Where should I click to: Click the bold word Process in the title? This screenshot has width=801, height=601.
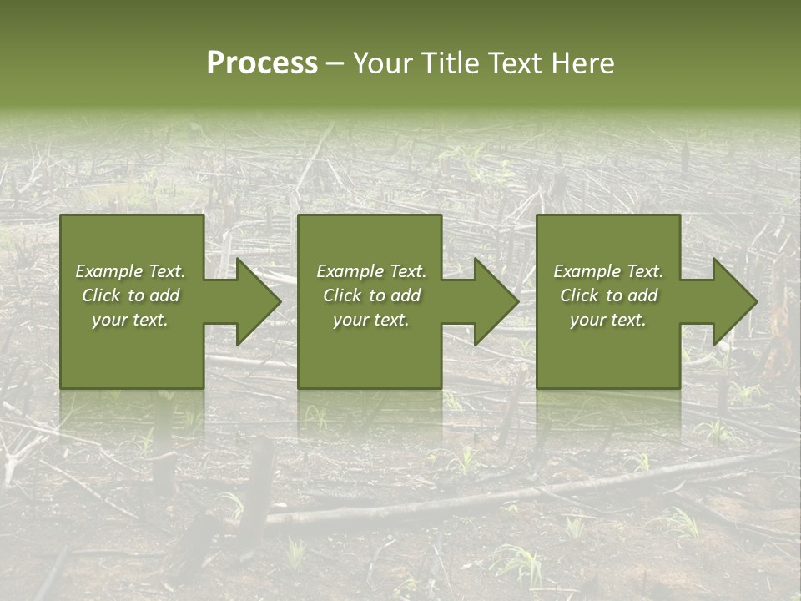(262, 63)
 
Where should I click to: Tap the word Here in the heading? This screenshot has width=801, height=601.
(583, 63)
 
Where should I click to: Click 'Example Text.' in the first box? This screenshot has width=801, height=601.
(130, 271)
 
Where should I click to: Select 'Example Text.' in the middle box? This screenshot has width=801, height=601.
(371, 271)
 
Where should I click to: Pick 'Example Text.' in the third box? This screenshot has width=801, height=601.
(608, 271)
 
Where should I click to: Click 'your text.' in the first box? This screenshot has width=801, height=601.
(130, 320)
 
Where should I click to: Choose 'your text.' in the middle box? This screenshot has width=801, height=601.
(371, 320)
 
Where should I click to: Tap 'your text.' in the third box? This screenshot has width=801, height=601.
(608, 320)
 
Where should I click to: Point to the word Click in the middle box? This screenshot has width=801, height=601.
(342, 295)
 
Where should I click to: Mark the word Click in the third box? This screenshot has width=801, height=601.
(579, 295)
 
